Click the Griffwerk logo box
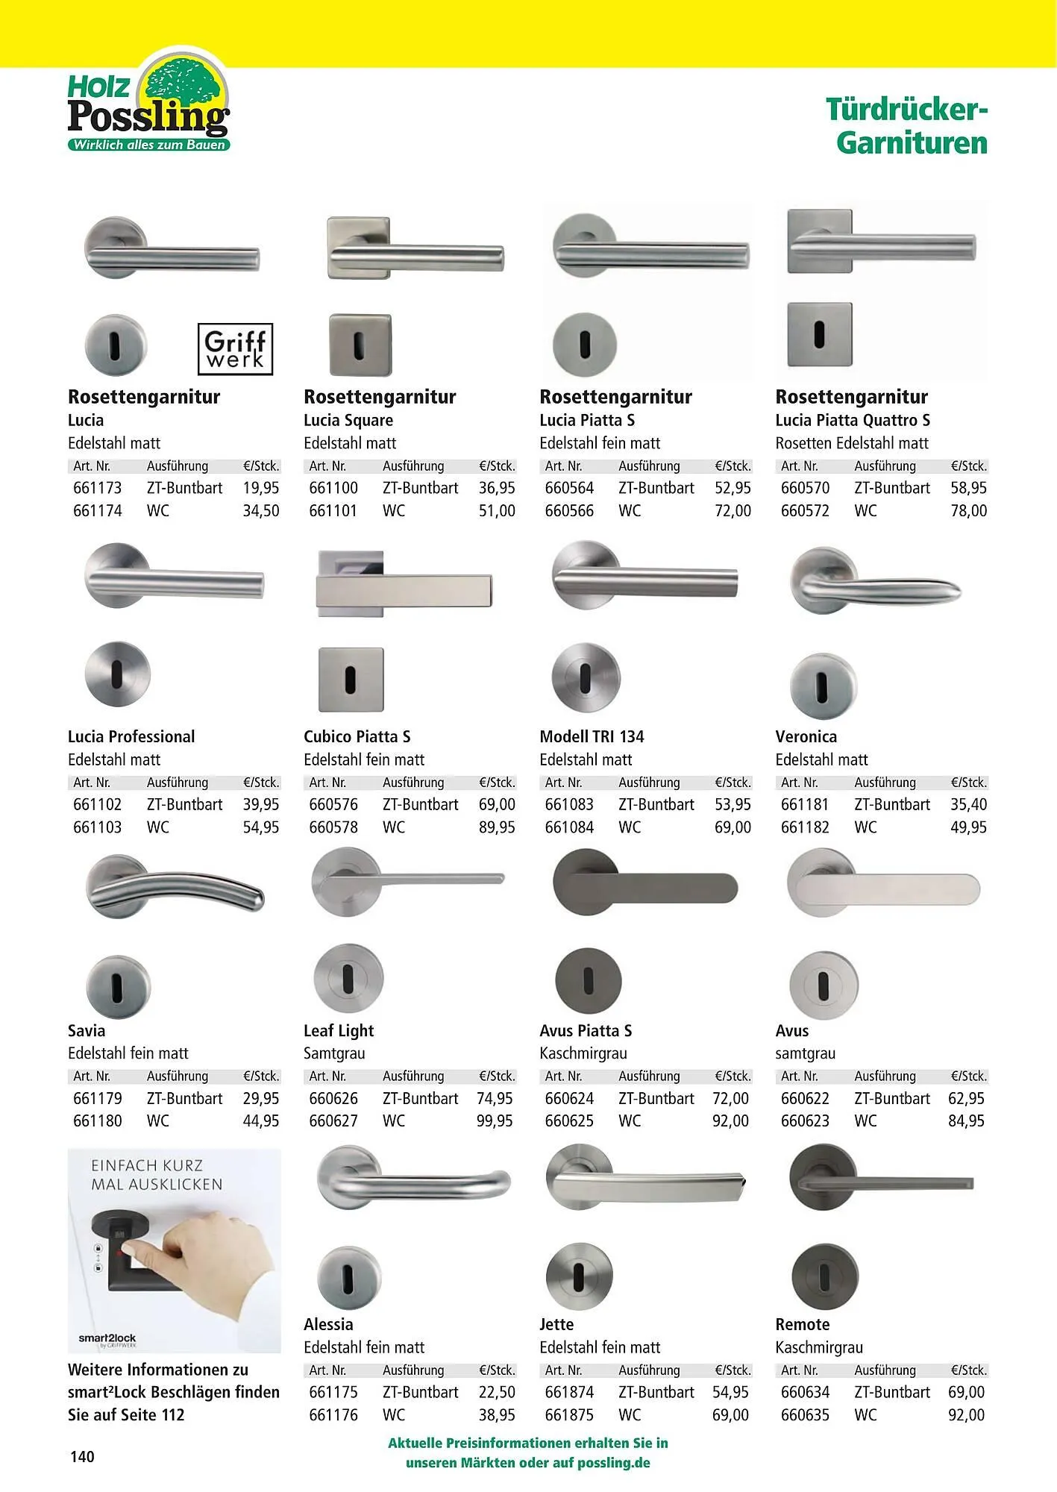click(235, 348)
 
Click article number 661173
click(98, 488)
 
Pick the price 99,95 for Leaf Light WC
click(495, 1120)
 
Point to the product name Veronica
click(806, 736)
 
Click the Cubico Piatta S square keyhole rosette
click(351, 680)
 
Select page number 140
click(82, 1456)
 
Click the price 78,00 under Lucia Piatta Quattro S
click(968, 511)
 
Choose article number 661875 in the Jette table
click(569, 1414)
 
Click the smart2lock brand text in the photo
click(107, 1338)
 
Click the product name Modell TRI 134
click(592, 736)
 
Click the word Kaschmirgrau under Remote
click(818, 1347)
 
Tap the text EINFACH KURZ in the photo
click(147, 1165)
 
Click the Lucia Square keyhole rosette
click(360, 345)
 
